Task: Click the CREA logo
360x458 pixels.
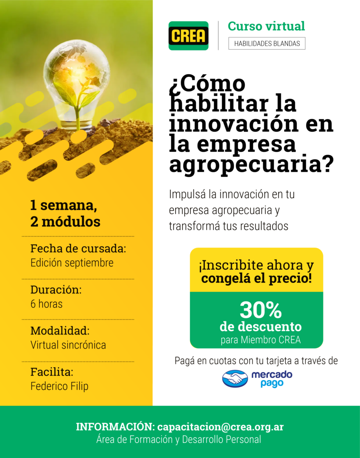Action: tap(188, 36)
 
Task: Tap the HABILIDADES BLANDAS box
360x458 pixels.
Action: tap(267, 44)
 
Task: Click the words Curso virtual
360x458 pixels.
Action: tap(266, 26)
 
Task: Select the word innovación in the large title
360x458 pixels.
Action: tap(234, 123)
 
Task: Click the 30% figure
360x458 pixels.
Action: tap(261, 310)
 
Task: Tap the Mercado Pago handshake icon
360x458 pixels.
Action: tap(235, 379)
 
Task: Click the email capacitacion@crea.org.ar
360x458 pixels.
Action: tap(220, 427)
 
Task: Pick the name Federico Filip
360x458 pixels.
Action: tap(59, 386)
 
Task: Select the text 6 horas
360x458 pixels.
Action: tap(46, 304)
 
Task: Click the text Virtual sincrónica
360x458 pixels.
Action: tap(68, 345)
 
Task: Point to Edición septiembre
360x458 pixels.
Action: tap(72, 263)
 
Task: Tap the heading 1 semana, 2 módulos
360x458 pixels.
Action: tap(65, 213)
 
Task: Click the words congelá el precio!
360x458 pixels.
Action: tap(257, 278)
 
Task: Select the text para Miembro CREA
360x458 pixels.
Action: tap(261, 340)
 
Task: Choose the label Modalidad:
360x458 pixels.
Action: tap(60, 331)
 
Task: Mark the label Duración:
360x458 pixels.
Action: tap(56, 290)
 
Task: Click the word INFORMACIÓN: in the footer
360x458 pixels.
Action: tap(115, 427)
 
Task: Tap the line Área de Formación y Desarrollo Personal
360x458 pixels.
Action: tap(179, 440)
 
